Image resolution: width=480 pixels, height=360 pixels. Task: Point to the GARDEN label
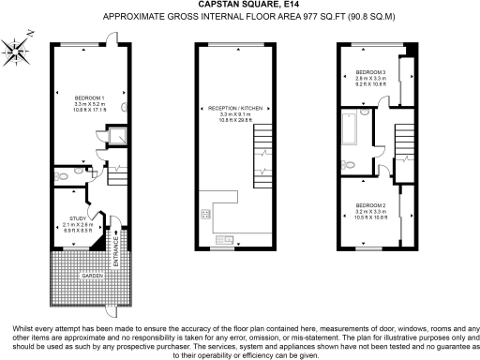tap(90, 276)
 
